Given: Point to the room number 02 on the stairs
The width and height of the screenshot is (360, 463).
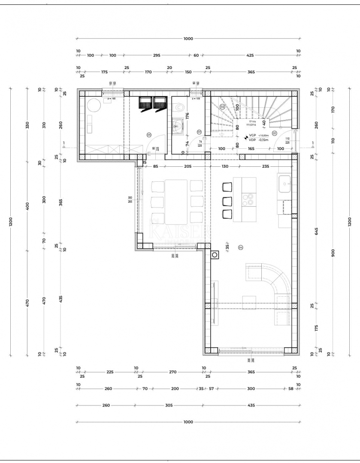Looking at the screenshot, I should point(222,106).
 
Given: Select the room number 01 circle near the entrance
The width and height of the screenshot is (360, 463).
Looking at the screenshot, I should point(274,133).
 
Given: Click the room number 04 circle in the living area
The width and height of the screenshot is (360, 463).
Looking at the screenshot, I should point(240,247).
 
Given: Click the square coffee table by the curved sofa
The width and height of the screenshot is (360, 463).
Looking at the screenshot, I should point(249,302).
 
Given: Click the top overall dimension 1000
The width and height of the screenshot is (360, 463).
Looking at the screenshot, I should point(188,39).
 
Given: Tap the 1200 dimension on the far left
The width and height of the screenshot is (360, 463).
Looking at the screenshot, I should point(11,222).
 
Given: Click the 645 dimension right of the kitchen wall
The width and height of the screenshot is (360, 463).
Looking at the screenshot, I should point(316,231).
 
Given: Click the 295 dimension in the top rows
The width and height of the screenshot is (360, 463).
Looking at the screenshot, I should point(157,55).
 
